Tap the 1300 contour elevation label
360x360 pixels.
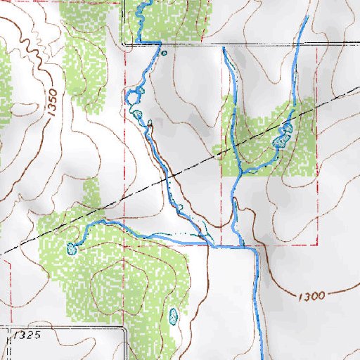click(310, 296)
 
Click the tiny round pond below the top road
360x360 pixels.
click(164, 52)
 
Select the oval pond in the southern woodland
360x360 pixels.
click(174, 317)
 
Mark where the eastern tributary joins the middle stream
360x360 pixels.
click(240, 172)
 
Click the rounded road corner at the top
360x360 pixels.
click(124, 43)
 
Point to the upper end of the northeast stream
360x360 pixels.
click(307, 17)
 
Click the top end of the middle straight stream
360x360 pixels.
click(223, 49)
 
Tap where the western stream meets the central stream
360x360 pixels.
click(212, 245)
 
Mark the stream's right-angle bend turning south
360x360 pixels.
click(256, 249)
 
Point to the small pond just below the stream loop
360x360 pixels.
click(138, 115)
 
